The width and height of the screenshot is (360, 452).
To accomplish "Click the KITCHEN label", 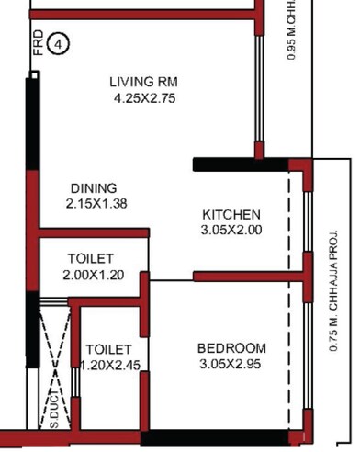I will tap(231, 215).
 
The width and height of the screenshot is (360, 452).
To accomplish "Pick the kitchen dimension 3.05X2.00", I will tap(231, 231).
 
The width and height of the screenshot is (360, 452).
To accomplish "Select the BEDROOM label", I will tap(231, 348).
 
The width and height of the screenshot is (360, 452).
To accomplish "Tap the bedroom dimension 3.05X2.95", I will tap(231, 364).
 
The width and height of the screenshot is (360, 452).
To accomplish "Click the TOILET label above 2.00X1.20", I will tap(90, 259).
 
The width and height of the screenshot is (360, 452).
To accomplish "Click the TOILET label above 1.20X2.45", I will tap(109, 350).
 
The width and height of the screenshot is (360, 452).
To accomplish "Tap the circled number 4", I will tap(58, 42).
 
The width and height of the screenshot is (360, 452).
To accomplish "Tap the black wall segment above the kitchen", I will tap(241, 164).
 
